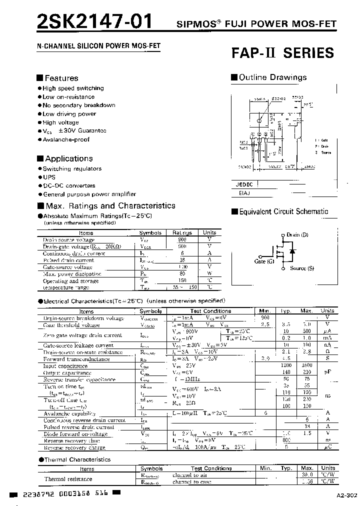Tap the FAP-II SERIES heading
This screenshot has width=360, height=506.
pos(282,53)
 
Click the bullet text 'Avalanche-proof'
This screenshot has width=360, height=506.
pos(66,139)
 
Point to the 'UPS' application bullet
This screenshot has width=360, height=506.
pos(49,177)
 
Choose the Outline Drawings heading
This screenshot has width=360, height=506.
pos(272,77)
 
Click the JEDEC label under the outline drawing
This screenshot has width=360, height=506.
pos(244,184)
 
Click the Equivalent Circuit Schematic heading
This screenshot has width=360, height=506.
pos(283,211)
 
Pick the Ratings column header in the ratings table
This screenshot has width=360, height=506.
pos(182,232)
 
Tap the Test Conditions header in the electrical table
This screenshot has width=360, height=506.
pos(209,311)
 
